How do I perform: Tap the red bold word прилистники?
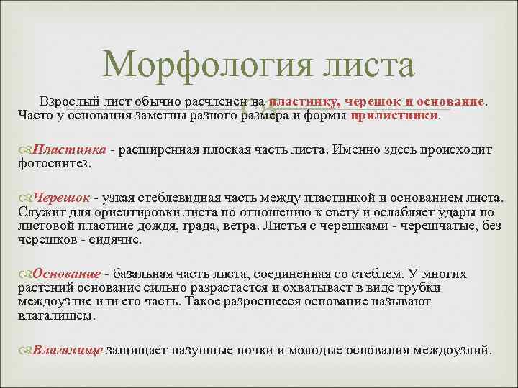pos(394,115)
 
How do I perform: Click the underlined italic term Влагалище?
pos(68,350)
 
